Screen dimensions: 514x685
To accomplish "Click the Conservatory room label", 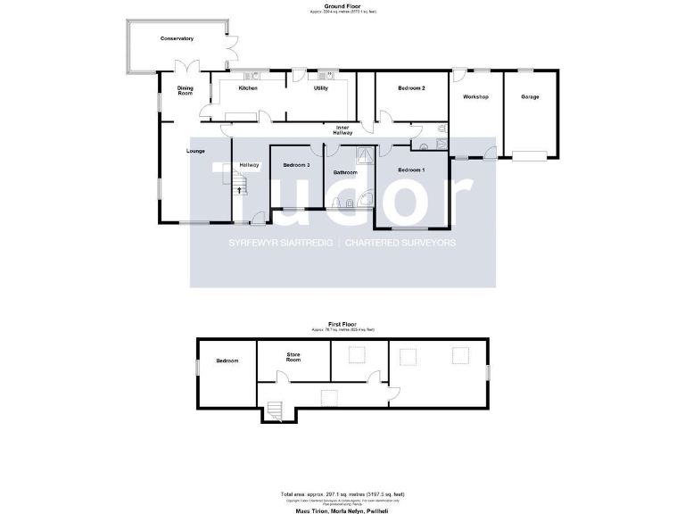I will point(177,39).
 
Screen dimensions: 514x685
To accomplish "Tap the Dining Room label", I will point(186,90).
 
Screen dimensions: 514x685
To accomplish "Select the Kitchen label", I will point(248,88).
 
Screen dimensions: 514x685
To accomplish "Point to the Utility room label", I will point(321,88).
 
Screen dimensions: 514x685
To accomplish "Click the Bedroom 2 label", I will point(410,88).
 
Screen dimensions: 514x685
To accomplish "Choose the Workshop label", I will point(476,96).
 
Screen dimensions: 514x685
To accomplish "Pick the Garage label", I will point(530,96).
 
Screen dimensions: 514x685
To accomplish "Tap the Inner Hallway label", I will point(343,131).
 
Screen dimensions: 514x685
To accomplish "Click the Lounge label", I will point(195,151).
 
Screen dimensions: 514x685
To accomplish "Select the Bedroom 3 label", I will point(295,165).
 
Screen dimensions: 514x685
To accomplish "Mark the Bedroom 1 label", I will point(411,170).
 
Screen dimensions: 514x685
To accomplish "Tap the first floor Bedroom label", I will point(227,361).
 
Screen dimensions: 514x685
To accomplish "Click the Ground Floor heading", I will point(342,6).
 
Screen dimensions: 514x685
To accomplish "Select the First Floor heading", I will point(342,325).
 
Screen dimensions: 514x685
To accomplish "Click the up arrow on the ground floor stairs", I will point(238,190).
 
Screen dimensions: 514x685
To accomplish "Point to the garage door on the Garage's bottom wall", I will point(530,157).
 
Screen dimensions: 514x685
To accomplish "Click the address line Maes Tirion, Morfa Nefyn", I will point(342,510).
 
